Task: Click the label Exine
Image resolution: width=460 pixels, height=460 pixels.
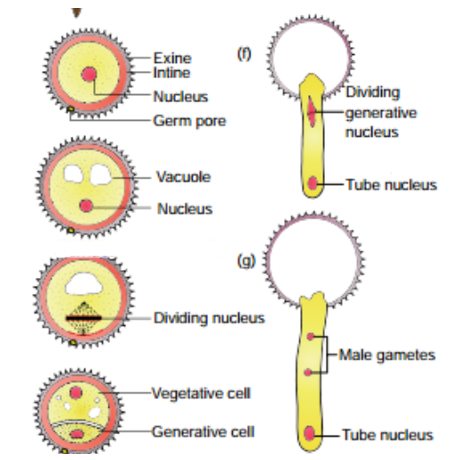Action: click(x=172, y=58)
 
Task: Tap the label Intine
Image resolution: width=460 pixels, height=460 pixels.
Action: click(x=171, y=73)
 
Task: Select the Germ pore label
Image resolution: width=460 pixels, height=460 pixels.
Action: click(x=189, y=121)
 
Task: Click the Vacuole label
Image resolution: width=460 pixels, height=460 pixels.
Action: click(x=183, y=177)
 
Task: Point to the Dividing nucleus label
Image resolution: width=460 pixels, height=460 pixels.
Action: click(x=209, y=318)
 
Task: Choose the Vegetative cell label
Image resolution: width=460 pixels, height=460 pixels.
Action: click(x=202, y=393)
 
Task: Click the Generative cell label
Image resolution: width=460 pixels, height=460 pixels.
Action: click(x=203, y=432)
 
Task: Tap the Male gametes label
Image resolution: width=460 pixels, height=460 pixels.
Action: click(x=387, y=355)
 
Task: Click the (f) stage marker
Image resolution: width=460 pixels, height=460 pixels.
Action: click(x=244, y=54)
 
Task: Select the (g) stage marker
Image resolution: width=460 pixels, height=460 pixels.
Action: click(x=246, y=261)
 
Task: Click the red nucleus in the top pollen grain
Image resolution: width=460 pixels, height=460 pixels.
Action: click(x=89, y=74)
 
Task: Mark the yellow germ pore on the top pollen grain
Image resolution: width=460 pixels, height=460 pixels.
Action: click(x=70, y=109)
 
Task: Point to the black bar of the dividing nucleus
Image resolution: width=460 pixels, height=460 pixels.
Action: click(x=83, y=318)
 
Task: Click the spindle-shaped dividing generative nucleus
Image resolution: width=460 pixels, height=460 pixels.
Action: click(x=311, y=111)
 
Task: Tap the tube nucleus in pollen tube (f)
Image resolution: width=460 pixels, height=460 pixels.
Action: click(x=313, y=183)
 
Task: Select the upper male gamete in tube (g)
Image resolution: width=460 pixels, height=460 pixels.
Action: click(x=310, y=337)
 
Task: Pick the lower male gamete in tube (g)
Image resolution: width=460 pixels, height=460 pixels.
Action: click(x=308, y=372)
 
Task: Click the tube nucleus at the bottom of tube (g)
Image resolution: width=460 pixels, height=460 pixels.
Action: click(x=309, y=433)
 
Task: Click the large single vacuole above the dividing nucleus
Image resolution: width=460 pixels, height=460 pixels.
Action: click(x=83, y=284)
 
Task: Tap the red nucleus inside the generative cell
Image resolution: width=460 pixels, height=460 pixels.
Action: click(x=77, y=434)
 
